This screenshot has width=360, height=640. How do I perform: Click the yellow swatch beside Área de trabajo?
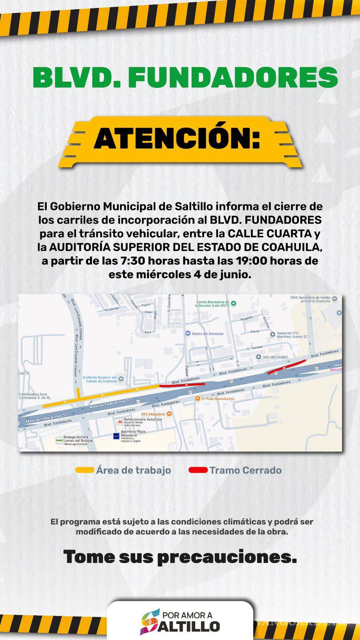click(85, 470)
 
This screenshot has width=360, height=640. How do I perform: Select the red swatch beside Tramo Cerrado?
click(198, 470)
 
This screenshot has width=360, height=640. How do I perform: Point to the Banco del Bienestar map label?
click(208, 334)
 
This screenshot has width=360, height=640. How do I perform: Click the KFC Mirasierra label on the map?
click(153, 414)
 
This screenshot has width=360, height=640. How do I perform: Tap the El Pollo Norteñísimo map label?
click(218, 399)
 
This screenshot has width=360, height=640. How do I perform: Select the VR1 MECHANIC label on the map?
click(276, 357)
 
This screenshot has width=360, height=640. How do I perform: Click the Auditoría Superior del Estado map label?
click(100, 379)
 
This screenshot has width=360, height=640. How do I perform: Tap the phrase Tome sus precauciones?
click(180, 556)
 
